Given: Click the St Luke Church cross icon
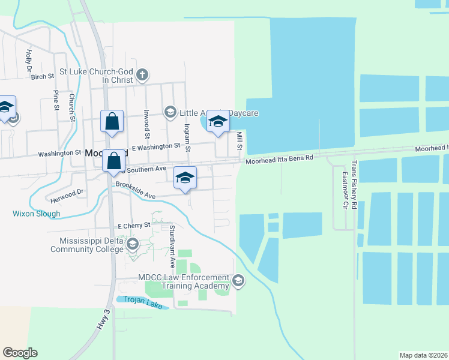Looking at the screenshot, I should tap(142, 75).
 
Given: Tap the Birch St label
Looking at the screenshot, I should tap(43, 77).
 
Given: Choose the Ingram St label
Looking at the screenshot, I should tap(187, 137).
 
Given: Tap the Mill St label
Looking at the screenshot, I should tap(239, 142).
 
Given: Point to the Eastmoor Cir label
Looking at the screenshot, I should tap(345, 190).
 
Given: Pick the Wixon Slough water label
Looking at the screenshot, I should tap(36, 214).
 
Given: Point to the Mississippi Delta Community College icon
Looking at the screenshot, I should tap(132, 244).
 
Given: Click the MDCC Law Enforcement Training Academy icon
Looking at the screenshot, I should tap(238, 281).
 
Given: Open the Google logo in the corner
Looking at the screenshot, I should tap(20, 353).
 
